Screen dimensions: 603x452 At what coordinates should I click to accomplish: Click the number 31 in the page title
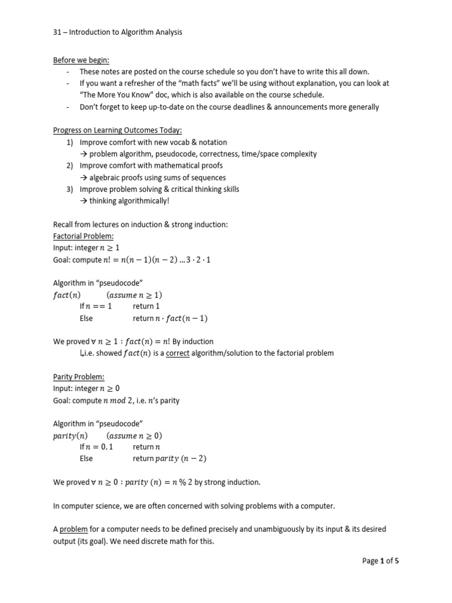point(57,32)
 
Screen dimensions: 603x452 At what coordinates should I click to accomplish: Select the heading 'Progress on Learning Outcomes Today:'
point(117,130)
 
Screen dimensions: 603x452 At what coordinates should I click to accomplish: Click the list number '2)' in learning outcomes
point(71,165)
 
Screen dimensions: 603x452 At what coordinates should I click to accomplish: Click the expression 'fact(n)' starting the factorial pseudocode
point(67,295)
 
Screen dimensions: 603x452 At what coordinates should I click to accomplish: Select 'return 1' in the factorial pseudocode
point(147,306)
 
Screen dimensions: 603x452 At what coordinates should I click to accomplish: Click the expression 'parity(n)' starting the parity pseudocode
point(71,436)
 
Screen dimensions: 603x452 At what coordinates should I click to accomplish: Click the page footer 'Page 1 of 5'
point(380,561)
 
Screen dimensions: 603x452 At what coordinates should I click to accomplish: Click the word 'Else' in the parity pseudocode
point(87,459)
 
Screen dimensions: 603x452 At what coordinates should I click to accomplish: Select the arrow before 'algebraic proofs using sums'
point(84,177)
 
